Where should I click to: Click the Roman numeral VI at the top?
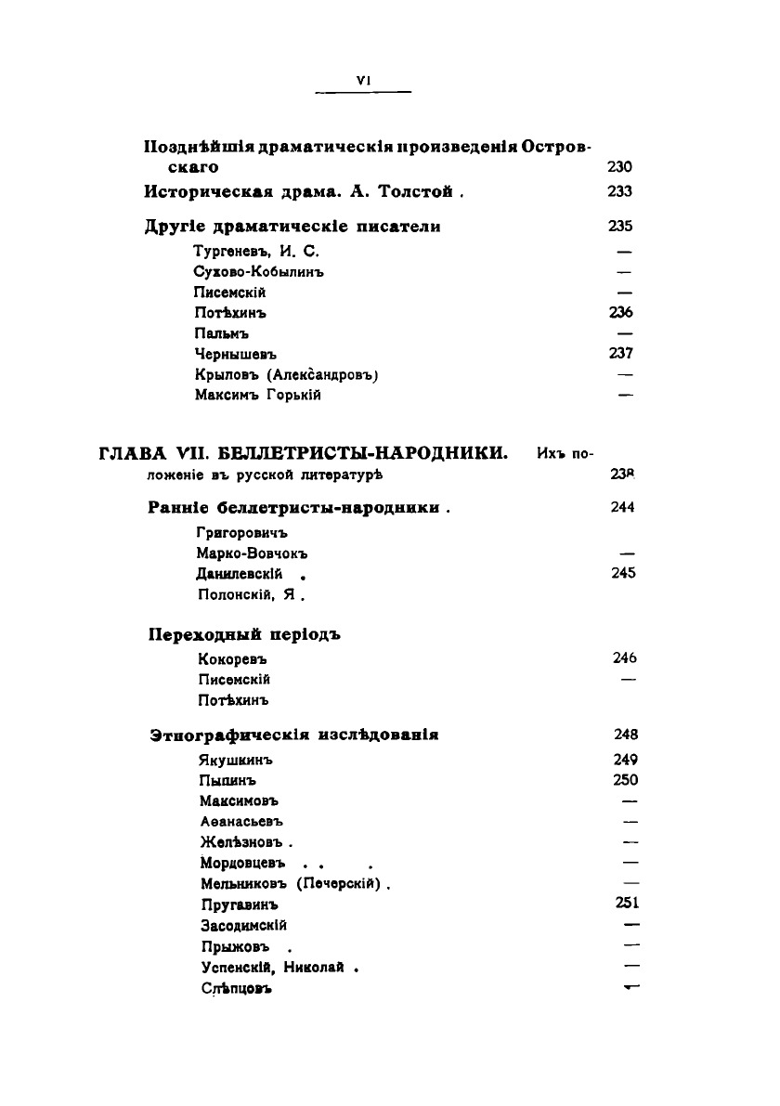[363, 81]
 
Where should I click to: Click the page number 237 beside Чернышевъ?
[622, 354]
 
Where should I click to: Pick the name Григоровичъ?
[243, 533]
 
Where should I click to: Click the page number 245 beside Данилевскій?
[624, 574]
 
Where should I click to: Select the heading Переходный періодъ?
[245, 635]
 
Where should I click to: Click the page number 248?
[625, 735]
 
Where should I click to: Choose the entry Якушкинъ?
[237, 760]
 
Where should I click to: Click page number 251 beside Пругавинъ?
[627, 903]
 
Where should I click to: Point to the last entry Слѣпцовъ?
[235, 989]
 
